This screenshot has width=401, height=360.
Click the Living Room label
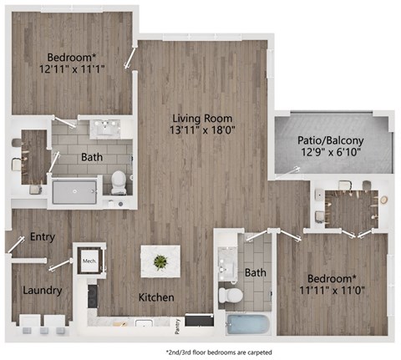pos(203,118)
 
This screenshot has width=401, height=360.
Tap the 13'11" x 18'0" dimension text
pos(203,131)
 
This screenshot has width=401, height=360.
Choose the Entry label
pos(42,237)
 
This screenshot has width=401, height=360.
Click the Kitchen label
pos(156,297)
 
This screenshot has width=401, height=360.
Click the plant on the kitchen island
pos(160,261)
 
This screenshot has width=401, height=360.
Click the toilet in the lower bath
pos(230,293)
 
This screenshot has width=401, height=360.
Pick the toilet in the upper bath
pos(119,179)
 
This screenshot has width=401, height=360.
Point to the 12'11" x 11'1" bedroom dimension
pos(73,72)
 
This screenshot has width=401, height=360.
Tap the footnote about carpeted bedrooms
pos(220,352)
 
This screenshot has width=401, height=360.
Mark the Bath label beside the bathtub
pos(256,273)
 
